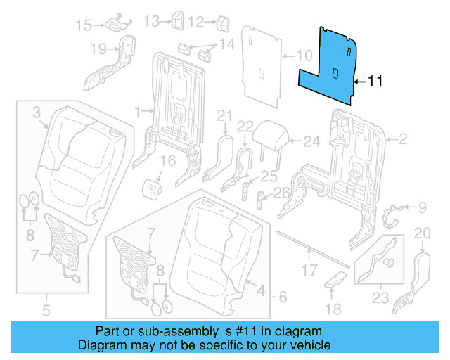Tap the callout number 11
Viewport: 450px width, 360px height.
click(x=375, y=82)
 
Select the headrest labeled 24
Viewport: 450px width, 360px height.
click(x=266, y=134)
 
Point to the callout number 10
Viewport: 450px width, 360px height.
click(x=303, y=55)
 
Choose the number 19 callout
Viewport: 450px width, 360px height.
click(x=98, y=49)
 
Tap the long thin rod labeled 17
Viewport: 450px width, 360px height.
click(x=313, y=247)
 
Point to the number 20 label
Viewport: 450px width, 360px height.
click(x=421, y=233)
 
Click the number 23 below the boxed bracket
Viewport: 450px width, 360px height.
click(x=380, y=298)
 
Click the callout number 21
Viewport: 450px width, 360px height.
click(x=224, y=115)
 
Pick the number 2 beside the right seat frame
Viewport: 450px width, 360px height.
click(x=402, y=140)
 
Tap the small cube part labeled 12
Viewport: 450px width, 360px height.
click(x=224, y=23)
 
